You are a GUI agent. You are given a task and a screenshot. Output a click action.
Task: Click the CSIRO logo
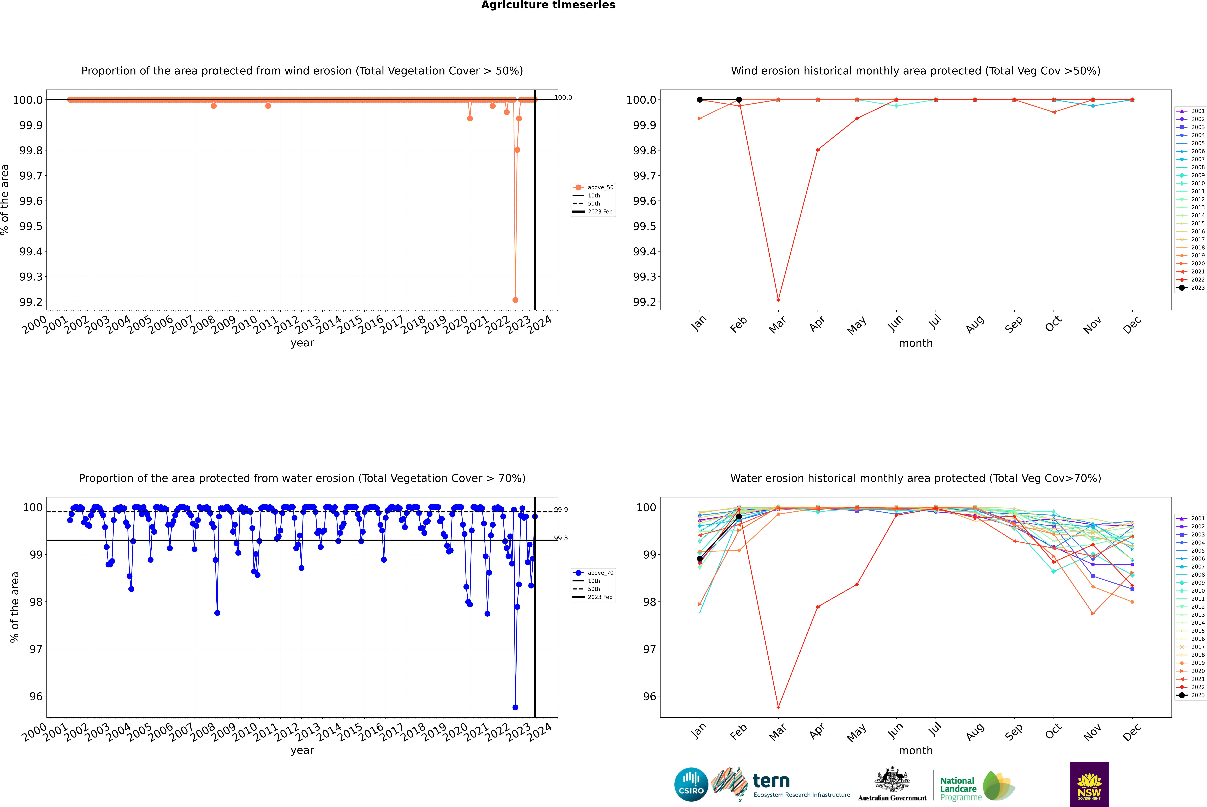(x=691, y=784)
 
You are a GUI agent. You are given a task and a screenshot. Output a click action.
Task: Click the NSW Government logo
(x=1089, y=784)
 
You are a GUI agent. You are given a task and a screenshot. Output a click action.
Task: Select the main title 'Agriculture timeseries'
(x=548, y=5)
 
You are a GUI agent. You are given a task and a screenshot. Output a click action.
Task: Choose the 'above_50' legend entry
(x=600, y=187)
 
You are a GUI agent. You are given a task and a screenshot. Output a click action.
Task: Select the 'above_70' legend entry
(x=600, y=573)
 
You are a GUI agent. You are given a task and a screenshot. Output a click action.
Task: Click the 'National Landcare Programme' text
(x=960, y=788)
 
